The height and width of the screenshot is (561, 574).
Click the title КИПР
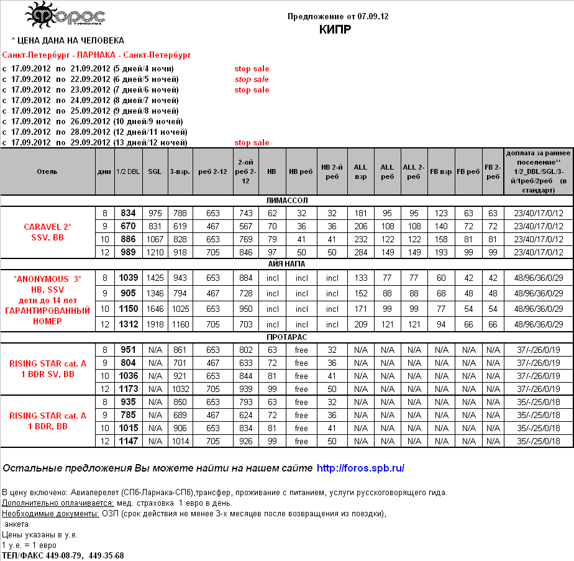(335, 29)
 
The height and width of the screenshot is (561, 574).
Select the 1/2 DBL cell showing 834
(129, 213)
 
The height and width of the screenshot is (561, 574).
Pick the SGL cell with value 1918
(155, 324)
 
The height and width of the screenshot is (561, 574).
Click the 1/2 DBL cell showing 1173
(129, 389)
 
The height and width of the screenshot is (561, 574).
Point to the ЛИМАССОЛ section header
(286, 201)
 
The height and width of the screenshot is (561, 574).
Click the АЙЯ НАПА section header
(286, 263)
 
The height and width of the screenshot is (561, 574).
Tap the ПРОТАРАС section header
(286, 337)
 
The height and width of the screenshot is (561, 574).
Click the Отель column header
(47, 171)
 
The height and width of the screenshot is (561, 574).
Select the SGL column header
(155, 171)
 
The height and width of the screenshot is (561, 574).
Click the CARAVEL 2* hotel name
(47, 226)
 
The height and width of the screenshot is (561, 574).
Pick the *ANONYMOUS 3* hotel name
(47, 278)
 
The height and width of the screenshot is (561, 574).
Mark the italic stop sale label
(252, 80)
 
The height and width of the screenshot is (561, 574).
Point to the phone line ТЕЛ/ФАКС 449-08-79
(63, 555)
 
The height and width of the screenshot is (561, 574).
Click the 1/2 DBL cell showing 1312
(129, 324)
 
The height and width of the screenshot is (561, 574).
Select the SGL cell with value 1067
(155, 239)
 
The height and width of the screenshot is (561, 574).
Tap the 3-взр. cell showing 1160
(181, 324)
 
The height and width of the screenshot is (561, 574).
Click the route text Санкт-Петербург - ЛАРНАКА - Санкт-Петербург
(96, 55)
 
